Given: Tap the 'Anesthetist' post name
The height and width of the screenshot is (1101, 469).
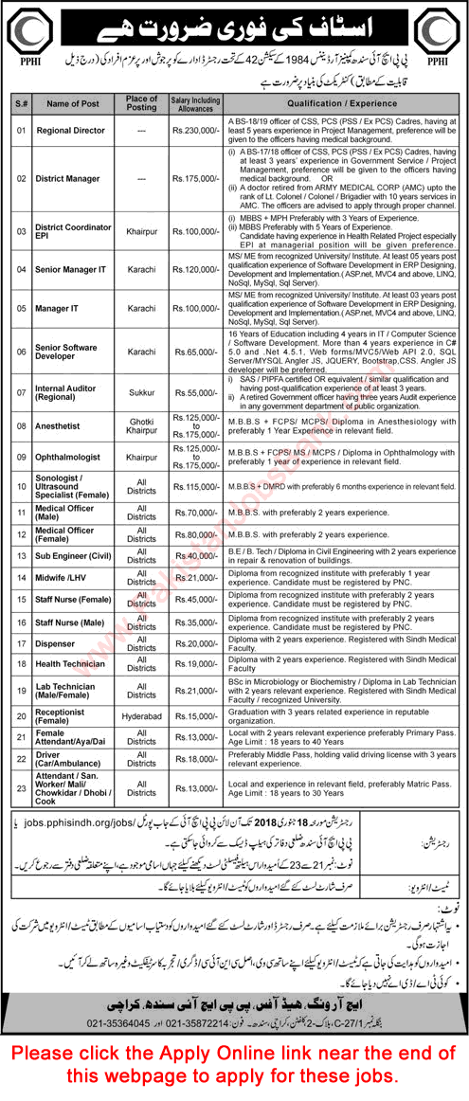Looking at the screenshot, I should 60,426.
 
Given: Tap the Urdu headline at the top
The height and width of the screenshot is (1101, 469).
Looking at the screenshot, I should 234,27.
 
